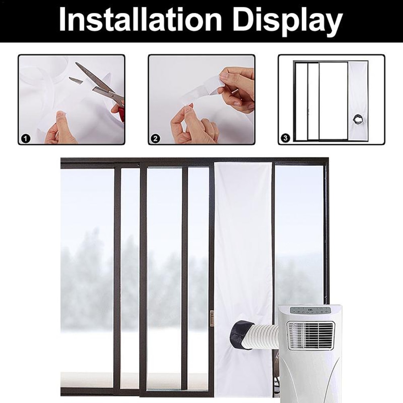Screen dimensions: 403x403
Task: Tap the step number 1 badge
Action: pos(25,139)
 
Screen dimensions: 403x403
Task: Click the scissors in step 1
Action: pos(99,83)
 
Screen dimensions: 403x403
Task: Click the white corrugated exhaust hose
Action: pos(262,337)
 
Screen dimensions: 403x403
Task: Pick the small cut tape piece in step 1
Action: pos(75,80)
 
